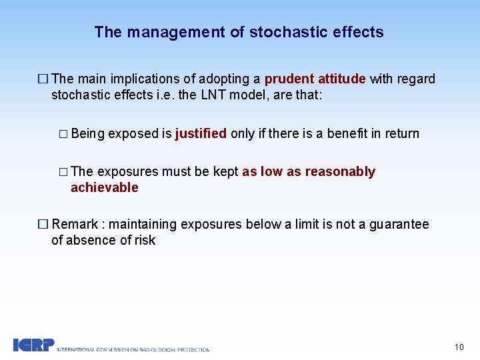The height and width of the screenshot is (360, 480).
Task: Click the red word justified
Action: pos(201,134)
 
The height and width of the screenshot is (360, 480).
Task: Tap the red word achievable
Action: pos(105,188)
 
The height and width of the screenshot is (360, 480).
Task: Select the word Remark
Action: pos(75,225)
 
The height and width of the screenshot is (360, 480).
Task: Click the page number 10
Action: pos(459,347)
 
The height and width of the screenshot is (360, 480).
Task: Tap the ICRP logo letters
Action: pos(33,345)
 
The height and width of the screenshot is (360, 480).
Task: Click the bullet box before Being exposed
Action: pos(63,134)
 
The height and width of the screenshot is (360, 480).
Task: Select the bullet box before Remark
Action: pos(44,225)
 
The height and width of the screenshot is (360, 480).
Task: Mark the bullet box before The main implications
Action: pos(44,79)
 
